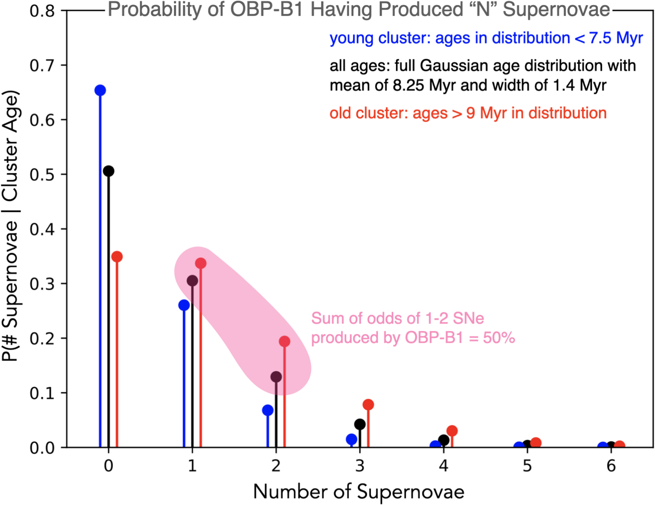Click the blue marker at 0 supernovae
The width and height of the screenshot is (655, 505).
coord(100,90)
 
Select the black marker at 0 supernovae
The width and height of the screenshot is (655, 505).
coord(108,171)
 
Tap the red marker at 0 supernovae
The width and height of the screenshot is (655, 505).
coord(117,257)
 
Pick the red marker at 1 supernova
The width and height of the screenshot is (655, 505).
coord(201,264)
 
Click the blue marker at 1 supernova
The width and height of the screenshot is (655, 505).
coord(184,305)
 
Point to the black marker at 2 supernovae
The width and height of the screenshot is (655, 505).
coord(276,377)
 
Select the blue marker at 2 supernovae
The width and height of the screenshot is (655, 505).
coord(268,410)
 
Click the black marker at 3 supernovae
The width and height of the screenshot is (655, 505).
coord(360,424)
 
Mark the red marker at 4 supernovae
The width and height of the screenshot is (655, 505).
coord(452,431)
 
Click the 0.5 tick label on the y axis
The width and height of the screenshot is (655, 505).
coord(42,175)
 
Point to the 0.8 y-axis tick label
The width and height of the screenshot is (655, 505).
coord(42,11)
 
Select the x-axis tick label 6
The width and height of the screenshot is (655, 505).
coord(611,466)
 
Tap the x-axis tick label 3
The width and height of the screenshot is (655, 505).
coord(360,466)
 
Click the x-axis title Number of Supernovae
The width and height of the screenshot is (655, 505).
coord(359,492)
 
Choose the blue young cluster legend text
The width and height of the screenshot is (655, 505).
coord(486,38)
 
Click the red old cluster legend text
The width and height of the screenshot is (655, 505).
coord(468,113)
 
